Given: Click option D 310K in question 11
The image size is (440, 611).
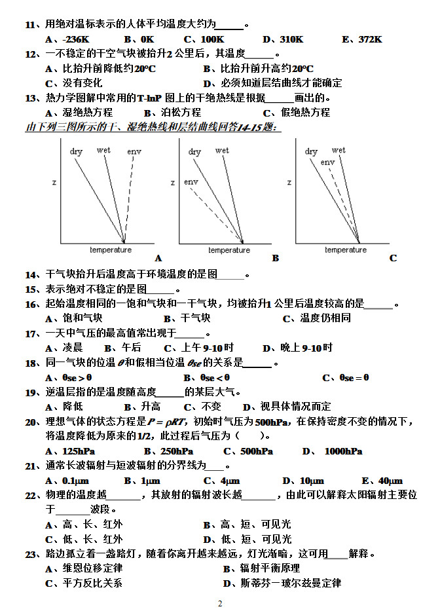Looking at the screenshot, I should tap(283, 39).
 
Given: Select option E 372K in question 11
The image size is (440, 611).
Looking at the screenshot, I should tap(362, 39).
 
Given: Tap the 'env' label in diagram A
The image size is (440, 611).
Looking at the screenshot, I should tap(134, 152).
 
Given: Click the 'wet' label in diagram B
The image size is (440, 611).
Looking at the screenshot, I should tap(222, 151).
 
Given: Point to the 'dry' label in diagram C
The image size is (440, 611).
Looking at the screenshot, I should tap(311, 152).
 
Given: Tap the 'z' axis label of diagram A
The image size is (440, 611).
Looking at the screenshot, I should tap(54, 182).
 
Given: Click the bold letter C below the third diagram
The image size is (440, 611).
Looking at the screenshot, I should tap(393, 258).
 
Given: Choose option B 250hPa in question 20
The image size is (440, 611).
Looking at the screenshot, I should tap(168, 451).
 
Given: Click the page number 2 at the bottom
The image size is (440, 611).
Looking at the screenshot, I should tap(220, 603).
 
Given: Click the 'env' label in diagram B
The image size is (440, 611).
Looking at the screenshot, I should tap(191, 182).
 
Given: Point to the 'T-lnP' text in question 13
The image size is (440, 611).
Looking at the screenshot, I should tap(149, 98).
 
